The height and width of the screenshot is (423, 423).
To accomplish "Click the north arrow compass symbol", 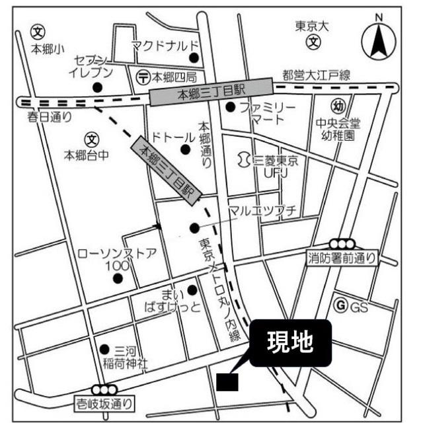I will point(379,42).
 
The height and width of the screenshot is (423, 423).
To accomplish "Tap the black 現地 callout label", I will point(288,343).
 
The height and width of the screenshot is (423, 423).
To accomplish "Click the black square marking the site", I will point(227,381).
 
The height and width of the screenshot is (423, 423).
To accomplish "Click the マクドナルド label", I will point(165,45).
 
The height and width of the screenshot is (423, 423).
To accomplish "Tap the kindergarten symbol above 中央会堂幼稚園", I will point(338,106).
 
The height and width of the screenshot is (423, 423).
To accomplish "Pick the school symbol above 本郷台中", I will point(92,139).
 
